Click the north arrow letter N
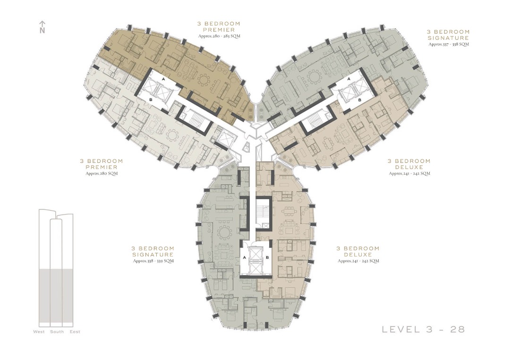point(42,31)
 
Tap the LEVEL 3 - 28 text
point(423,329)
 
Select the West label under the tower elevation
point(39,332)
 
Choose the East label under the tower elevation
point(75,332)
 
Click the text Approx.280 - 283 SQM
point(219,36)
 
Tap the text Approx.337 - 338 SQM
point(449,44)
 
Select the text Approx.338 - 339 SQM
point(153,260)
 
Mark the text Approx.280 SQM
point(102,173)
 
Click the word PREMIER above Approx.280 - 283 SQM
point(219,29)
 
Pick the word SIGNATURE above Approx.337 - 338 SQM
point(449,38)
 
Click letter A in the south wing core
point(245,258)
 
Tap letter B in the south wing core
point(267,258)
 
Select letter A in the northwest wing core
point(163,80)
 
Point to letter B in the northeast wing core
point(359,100)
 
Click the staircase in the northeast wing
point(313,121)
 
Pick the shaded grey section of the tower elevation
point(56,295)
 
